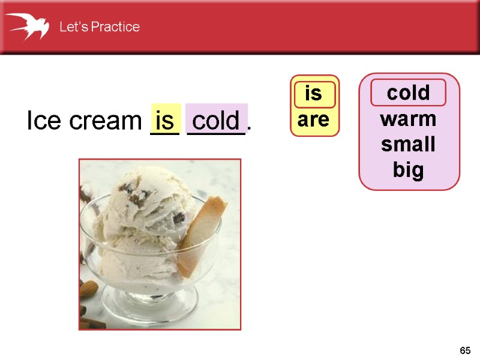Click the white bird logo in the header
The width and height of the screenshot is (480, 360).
[x=28, y=26]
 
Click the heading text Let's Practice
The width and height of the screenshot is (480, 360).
[x=99, y=27]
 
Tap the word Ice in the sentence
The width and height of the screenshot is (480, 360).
[x=43, y=121]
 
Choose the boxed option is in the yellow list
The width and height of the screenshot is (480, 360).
[x=314, y=94]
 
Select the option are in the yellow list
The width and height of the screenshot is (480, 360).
[x=314, y=120]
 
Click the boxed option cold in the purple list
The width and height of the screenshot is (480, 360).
[x=408, y=93]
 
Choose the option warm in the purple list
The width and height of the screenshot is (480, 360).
[x=408, y=119]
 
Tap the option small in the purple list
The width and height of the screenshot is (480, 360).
[x=408, y=145]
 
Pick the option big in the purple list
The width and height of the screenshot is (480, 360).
[x=408, y=171]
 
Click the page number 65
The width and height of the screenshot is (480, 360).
[x=465, y=350]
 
